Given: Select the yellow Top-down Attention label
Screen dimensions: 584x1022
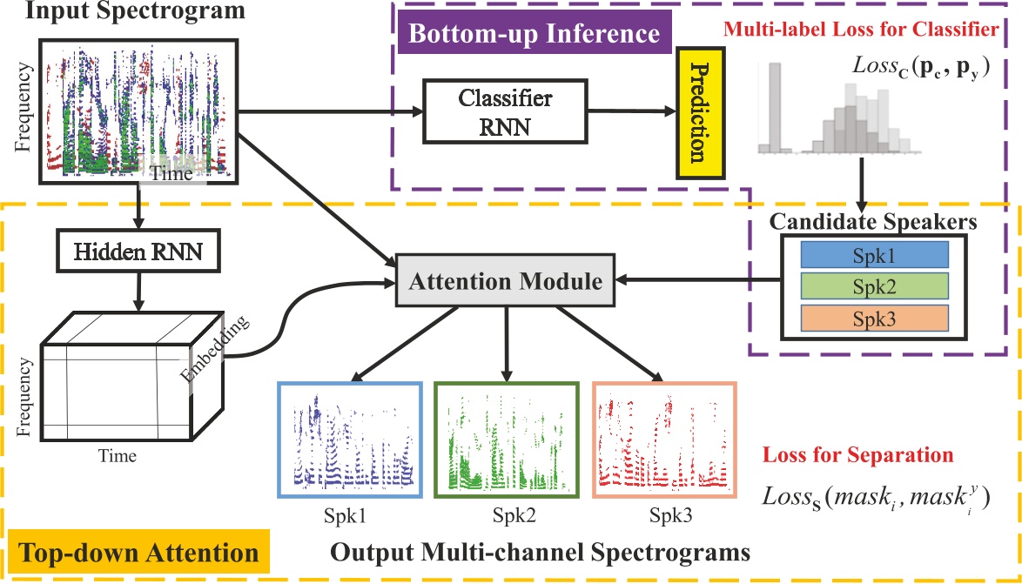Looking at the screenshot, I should click(138, 553).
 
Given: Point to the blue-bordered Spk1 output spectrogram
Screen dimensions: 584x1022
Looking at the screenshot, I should click(348, 440).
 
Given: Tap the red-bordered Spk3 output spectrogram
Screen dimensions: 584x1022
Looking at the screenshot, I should click(664, 440).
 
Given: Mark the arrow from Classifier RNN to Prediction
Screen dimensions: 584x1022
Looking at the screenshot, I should click(630, 112).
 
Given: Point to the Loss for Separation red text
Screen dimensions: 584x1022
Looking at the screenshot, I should click(857, 455).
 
